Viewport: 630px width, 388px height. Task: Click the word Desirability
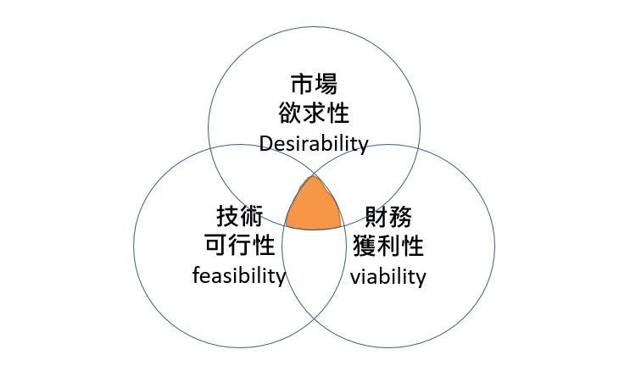314,143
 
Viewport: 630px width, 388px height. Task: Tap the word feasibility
239,275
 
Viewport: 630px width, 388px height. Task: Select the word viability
387,276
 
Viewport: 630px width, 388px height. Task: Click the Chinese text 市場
314,85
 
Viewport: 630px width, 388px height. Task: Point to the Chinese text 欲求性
314,114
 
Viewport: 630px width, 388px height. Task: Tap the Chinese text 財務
387,218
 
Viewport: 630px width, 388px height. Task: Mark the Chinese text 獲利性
387,247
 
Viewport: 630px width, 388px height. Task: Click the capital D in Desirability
266,143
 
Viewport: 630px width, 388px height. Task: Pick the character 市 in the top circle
302,85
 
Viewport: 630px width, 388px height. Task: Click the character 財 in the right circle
376,218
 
